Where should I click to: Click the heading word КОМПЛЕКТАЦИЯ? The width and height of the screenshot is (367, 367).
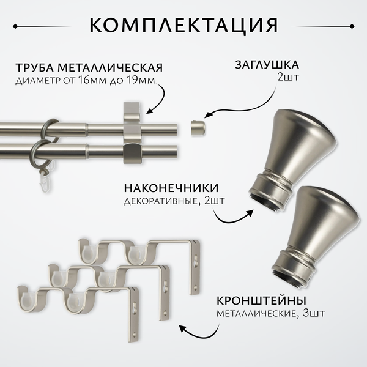click(183, 25)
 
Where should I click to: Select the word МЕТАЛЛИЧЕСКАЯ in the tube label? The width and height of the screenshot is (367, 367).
click(110, 67)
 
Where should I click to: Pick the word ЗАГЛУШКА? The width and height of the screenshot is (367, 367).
click(267, 65)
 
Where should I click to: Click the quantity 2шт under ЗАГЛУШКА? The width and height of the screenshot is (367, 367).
click(288, 77)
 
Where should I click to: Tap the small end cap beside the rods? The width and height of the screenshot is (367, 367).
click(198, 128)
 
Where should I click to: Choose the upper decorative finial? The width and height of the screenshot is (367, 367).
click(292, 160)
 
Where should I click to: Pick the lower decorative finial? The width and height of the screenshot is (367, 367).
click(316, 235)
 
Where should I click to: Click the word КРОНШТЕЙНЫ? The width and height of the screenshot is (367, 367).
click(261, 301)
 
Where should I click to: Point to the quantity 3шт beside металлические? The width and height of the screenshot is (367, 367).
click(314, 313)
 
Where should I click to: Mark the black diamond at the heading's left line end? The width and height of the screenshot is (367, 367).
click(15, 26)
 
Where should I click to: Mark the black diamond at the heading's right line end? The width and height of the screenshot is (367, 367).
click(352, 26)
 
